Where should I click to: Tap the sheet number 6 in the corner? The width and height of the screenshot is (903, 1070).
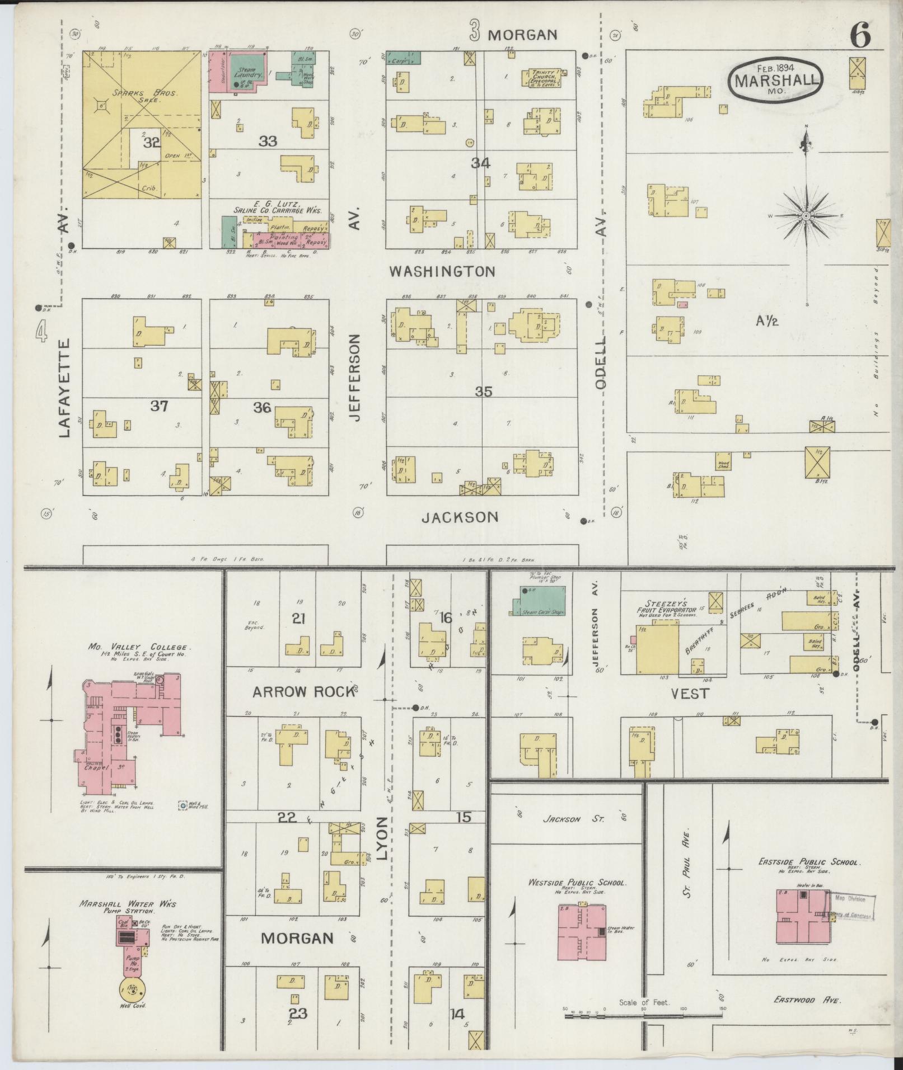pyautogui.click(x=860, y=36)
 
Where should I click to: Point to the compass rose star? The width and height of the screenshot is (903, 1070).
pyautogui.click(x=806, y=216)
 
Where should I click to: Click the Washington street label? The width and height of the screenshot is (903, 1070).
pyautogui.click(x=442, y=272)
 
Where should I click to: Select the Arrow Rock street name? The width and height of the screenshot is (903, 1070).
pyautogui.click(x=303, y=692)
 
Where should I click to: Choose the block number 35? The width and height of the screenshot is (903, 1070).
pyautogui.click(x=483, y=392)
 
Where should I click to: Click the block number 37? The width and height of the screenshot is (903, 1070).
pyautogui.click(x=159, y=406)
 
